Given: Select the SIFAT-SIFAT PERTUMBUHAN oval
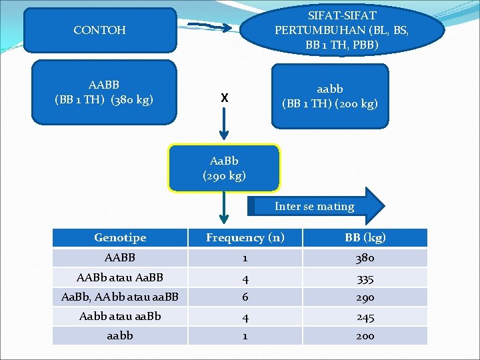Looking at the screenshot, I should pos(342,29).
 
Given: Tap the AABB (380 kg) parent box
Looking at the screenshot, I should pos(104,93).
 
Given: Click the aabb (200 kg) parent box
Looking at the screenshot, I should pos(329,95).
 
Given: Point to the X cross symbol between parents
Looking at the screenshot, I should pos(225,98).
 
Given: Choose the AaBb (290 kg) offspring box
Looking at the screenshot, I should pos(224,168).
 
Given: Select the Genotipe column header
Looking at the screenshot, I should pos(120,237).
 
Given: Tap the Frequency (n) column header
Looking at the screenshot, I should pos(245,237).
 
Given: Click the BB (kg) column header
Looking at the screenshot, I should pos(365,237).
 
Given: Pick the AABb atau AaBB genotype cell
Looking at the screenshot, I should pos(120,277).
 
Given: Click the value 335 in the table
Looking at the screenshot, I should pos(365,277).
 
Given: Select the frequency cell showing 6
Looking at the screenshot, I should pos(245,297).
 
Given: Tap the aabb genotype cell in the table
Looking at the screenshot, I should pos(120,335).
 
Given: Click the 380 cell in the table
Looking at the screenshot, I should pos(365,257).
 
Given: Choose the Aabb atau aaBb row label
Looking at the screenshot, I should pos(120,316).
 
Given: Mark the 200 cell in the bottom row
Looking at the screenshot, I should pos(365,335).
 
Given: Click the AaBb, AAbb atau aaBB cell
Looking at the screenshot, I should pos(120,297).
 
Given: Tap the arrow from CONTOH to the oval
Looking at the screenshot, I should pos(210,27).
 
